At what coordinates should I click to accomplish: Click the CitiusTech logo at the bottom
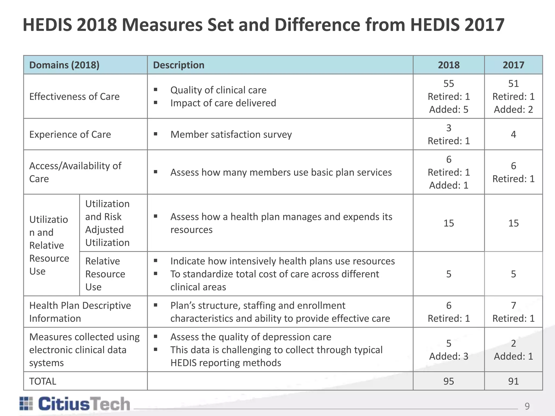(x=75, y=404)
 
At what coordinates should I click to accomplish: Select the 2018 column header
(x=448, y=65)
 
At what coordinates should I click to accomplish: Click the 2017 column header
(x=513, y=65)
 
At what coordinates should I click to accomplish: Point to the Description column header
(x=179, y=65)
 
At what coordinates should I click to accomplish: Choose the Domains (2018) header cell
(x=64, y=65)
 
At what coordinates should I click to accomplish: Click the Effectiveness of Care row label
(x=74, y=96)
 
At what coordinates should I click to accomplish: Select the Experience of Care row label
(x=70, y=134)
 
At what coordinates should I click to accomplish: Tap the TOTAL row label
(x=43, y=381)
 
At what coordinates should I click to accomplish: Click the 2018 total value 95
(x=448, y=381)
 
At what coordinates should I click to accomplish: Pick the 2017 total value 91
(x=513, y=381)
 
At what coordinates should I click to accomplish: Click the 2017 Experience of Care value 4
(x=513, y=134)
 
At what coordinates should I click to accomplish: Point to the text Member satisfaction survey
(x=231, y=134)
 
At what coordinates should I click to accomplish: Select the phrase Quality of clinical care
(x=218, y=90)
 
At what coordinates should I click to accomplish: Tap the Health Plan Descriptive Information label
(x=80, y=312)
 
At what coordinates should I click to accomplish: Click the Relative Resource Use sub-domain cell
(x=105, y=274)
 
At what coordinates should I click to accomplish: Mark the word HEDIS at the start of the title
(x=47, y=25)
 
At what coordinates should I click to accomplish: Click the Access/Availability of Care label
(x=75, y=172)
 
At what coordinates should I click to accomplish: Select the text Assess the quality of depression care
(x=251, y=337)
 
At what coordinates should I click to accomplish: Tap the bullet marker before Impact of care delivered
(x=156, y=103)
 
